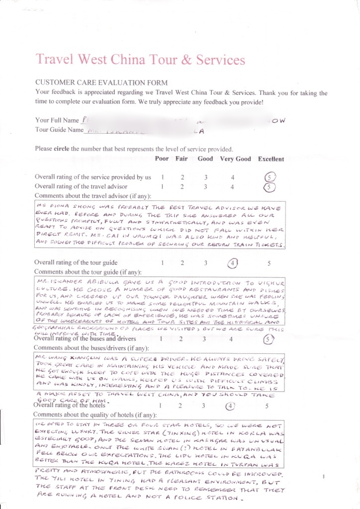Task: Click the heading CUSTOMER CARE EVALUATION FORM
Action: click(101, 83)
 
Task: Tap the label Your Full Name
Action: click(57, 120)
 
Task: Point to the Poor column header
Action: click(162, 159)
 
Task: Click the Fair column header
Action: click(182, 159)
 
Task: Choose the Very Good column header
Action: click(236, 159)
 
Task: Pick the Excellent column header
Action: click(271, 159)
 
